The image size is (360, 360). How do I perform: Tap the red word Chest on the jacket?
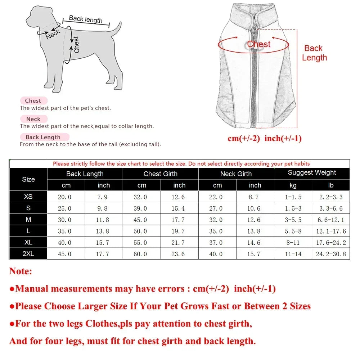[259, 44]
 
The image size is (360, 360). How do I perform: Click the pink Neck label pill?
[33, 119]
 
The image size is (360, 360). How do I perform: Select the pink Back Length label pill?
[43, 137]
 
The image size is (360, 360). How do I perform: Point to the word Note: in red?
[21, 271]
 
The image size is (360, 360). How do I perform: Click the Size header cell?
[28, 179]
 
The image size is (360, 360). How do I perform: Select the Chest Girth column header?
[161, 174]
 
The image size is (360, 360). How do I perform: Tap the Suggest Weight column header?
[312, 173]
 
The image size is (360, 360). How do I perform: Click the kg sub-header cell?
[293, 185]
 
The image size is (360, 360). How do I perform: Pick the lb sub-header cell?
[331, 185]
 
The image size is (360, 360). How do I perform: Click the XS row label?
[28, 197]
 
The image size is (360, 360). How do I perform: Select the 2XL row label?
[28, 254]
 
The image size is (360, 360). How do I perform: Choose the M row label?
[28, 220]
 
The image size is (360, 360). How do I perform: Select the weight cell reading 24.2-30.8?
[331, 254]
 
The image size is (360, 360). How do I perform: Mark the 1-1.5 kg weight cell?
[293, 197]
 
